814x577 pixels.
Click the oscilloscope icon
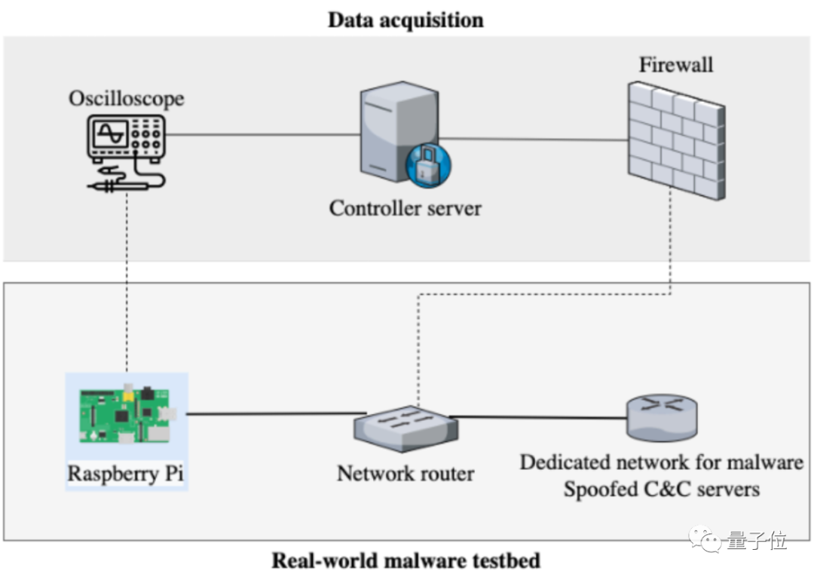pyautogui.click(x=126, y=153)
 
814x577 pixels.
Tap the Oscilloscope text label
pyautogui.click(x=126, y=98)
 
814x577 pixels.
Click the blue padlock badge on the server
pyautogui.click(x=428, y=164)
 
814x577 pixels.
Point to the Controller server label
pyautogui.click(x=405, y=208)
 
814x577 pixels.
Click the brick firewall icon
pyautogui.click(x=676, y=140)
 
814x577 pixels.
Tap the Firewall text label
pyautogui.click(x=676, y=65)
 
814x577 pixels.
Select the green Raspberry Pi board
pyautogui.click(x=126, y=414)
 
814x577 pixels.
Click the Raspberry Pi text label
pyautogui.click(x=126, y=474)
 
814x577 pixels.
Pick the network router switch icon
pyautogui.click(x=405, y=428)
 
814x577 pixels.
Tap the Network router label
pyautogui.click(x=405, y=474)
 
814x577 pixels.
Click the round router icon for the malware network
pyautogui.click(x=662, y=417)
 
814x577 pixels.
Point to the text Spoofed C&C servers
pyautogui.click(x=662, y=490)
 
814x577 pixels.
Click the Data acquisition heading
pyautogui.click(x=405, y=20)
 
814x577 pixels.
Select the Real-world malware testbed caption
pyautogui.click(x=406, y=560)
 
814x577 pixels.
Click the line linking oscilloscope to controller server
pyautogui.click(x=263, y=134)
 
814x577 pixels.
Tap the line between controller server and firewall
pyautogui.click(x=534, y=140)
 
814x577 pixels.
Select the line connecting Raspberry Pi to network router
pyautogui.click(x=277, y=414)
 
